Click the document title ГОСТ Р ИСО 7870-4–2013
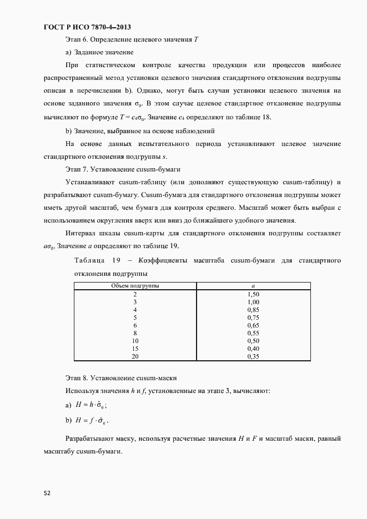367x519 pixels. click(x=87, y=27)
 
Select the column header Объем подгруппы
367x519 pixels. click(x=135, y=285)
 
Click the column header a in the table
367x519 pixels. click(x=253, y=285)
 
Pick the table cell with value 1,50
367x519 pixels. click(x=253, y=294)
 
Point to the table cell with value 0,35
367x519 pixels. click(x=253, y=356)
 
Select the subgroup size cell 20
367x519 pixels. click(x=135, y=356)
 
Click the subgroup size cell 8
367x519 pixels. click(x=135, y=333)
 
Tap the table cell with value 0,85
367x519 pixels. click(x=253, y=310)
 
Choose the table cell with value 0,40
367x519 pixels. click(x=253, y=349)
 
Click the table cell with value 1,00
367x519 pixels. click(x=253, y=302)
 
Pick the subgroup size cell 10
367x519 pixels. click(x=135, y=341)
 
